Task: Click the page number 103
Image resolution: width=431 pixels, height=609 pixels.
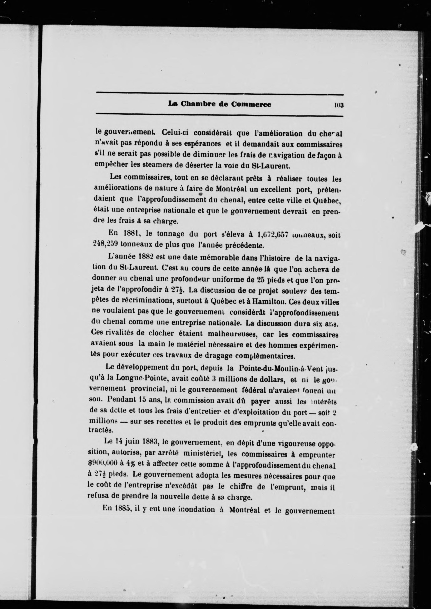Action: tap(339, 105)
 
